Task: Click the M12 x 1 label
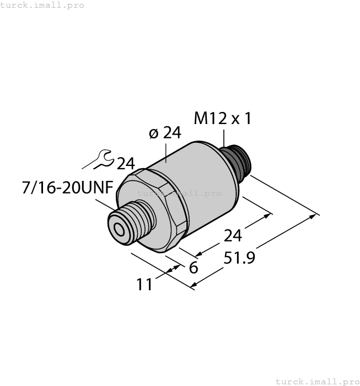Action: [x=223, y=119]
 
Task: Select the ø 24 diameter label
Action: [x=165, y=133]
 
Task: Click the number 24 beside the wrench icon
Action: [x=126, y=164]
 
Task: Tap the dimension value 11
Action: [x=146, y=285]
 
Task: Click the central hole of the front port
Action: [x=118, y=228]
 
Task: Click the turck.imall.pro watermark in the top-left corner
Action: [x=42, y=5]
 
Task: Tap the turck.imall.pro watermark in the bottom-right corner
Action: [x=317, y=381]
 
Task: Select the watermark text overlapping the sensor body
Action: [x=179, y=193]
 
